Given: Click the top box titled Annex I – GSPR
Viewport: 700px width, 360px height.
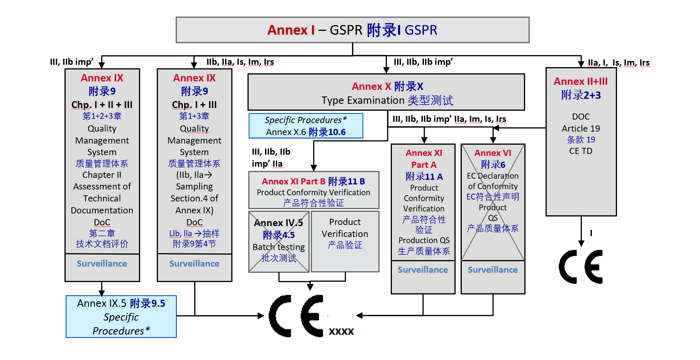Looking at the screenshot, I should coord(352,30).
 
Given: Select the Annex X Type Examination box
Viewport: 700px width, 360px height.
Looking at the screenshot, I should coord(386,93).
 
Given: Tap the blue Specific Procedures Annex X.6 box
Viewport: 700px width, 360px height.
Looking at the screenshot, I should coord(306,126).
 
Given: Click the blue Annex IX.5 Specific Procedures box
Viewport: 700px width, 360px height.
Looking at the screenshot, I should coord(121,317).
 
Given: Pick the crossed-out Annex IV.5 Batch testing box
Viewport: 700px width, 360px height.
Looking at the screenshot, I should coord(279,242).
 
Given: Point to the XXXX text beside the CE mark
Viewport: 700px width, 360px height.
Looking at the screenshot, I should coord(341,331).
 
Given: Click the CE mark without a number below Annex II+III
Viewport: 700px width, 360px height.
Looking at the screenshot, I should coord(581,267).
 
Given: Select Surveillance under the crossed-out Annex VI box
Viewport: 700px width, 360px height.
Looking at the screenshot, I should coord(493,270).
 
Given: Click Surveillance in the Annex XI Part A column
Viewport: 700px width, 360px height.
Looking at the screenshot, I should coord(423,270).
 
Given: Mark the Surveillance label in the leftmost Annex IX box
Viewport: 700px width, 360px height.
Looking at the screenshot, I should coord(102,264).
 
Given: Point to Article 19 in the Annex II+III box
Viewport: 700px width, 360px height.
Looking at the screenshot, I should coord(581,128).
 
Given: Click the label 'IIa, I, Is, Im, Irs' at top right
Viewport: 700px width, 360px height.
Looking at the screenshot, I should coord(618,63).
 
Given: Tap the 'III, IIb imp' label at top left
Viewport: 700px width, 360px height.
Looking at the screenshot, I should coord(72,62).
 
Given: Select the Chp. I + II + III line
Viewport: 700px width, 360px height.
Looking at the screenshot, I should coord(102,105).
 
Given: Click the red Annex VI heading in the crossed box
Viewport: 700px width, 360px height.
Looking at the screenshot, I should coord(493,153).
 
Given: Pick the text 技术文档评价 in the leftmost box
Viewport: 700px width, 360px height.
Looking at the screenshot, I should coord(102,244).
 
